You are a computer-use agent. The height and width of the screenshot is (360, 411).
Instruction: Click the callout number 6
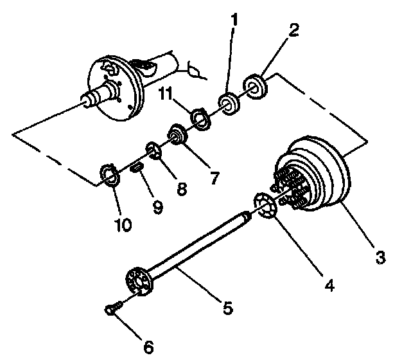coord(148,348)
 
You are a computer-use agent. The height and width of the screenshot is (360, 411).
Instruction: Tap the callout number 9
coord(157,206)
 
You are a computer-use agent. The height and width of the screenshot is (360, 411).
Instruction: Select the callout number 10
coord(122,224)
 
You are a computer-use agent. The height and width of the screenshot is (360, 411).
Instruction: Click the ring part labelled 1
coord(228,103)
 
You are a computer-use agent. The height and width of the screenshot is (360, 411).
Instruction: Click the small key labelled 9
coord(136,169)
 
